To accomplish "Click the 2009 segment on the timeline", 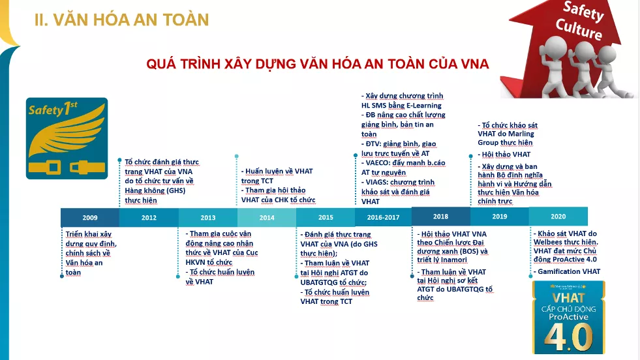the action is point(90,218).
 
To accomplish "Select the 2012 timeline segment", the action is point(149,218).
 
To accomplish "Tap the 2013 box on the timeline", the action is point(208,218).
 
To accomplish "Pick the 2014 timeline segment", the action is point(267,218).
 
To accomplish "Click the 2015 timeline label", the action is point(326,218).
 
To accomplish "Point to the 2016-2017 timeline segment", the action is point(383,218).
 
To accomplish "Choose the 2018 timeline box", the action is point(441,217).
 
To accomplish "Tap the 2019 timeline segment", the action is point(500,217).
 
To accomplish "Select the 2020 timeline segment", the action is point(558,217).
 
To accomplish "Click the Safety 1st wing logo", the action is point(67,138).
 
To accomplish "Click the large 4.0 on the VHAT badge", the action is point(569,337).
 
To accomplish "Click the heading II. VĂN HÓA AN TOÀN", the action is point(121,20).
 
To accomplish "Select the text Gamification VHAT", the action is point(569,271).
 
